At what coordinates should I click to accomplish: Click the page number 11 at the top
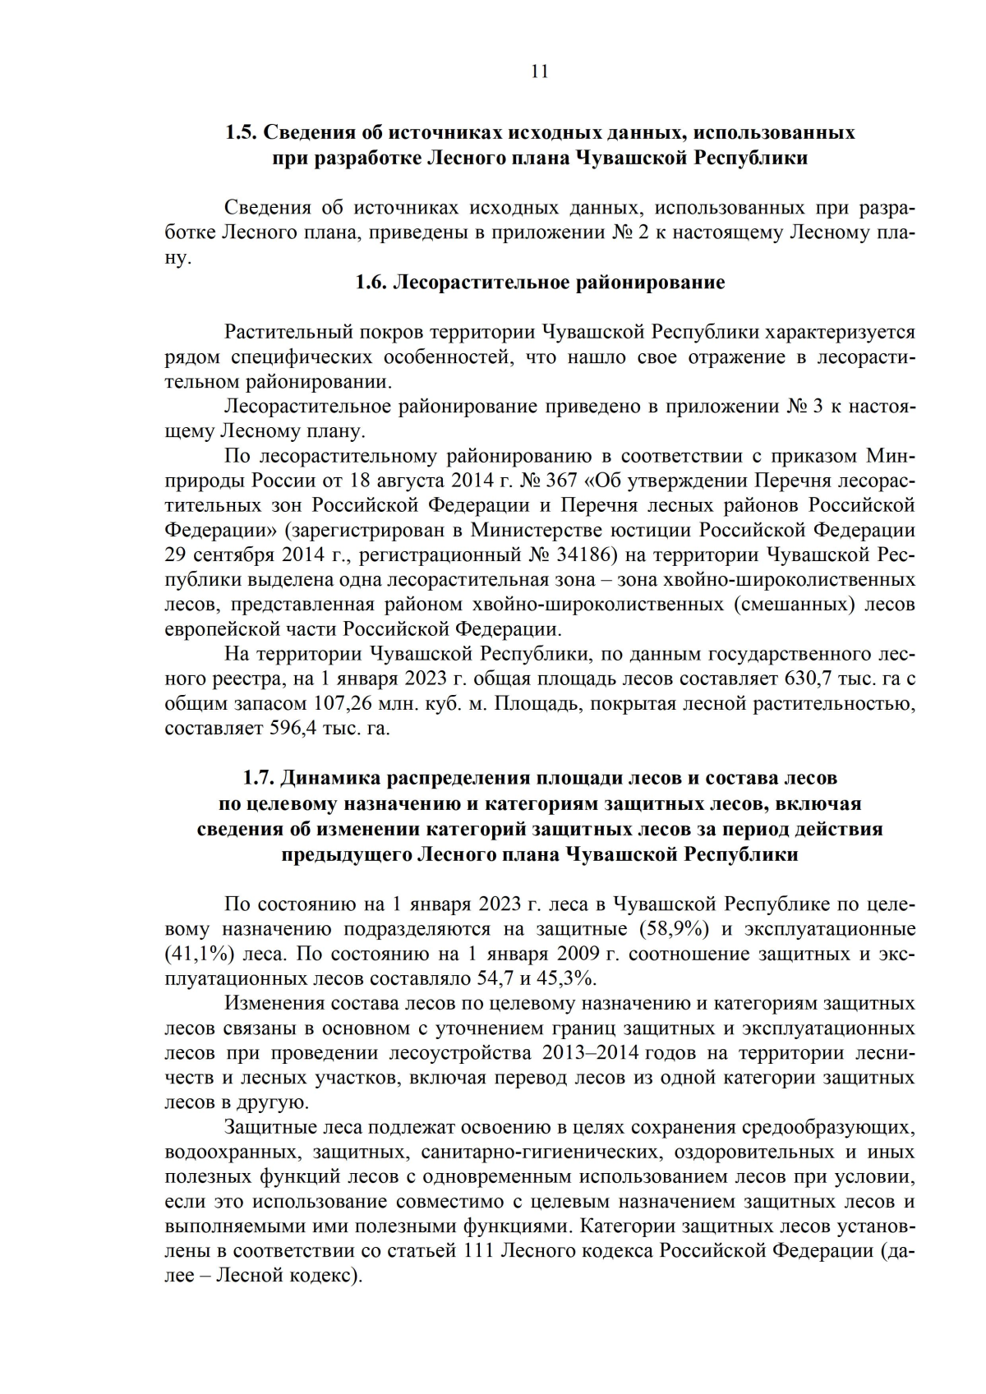(539, 71)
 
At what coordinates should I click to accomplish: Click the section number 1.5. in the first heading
(242, 132)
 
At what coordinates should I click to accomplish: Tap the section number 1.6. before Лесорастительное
(372, 283)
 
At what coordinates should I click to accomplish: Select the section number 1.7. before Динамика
(260, 777)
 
